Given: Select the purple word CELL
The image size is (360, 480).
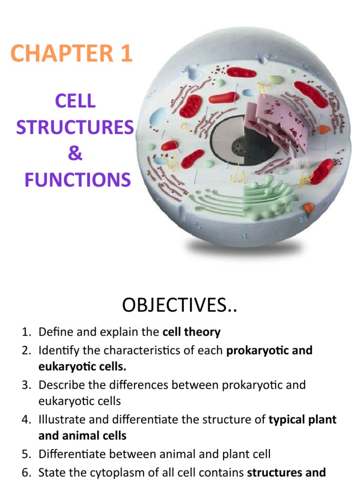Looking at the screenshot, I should tap(75, 101).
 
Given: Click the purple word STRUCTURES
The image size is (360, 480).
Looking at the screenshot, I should tap(75, 127).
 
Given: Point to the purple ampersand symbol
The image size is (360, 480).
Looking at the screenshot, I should tap(75, 154).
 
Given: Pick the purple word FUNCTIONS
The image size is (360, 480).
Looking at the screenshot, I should tap(77, 180).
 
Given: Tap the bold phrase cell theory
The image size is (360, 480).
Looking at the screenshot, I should tap(191, 332).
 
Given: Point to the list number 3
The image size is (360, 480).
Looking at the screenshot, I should tap(26, 385).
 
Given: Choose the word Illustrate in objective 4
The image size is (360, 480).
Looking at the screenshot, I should tap(60, 419).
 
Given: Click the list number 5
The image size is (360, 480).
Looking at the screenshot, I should tap(26, 454).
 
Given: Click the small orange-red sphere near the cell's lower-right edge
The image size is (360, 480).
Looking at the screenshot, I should tap(308, 207).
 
